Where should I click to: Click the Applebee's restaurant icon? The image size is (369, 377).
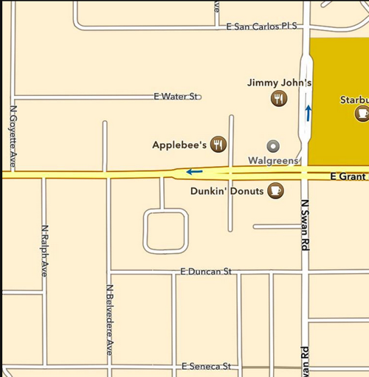coord(218,145)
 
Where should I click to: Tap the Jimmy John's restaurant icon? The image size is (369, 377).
coord(279,99)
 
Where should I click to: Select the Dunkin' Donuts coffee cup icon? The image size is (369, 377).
coord(275,191)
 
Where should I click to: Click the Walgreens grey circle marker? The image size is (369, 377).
coord(273,146)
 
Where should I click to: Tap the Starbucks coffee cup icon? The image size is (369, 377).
coord(362,113)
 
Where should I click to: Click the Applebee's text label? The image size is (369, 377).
coord(179,145)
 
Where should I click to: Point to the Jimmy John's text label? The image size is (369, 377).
coord(280,83)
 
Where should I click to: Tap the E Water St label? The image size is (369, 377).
coord(176,97)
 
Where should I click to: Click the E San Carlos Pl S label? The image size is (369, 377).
coord(261,26)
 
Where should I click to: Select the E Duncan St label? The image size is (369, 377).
coord(205,272)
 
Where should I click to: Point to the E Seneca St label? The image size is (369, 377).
coord(206,367)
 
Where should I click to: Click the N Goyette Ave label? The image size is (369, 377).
coord(13,136)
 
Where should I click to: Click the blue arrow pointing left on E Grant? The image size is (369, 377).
coord(194,172)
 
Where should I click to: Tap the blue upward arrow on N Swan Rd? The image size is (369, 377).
coord(308,113)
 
